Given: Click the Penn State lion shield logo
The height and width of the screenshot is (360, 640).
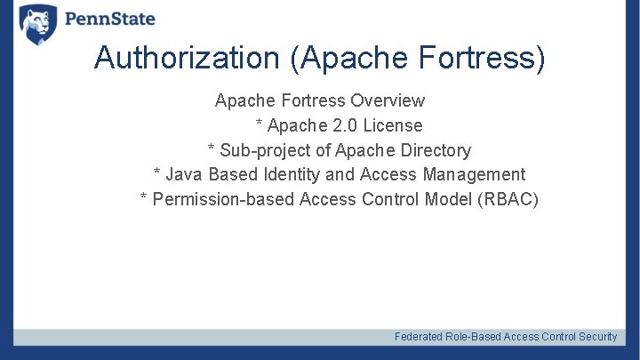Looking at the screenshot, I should [x=37, y=22].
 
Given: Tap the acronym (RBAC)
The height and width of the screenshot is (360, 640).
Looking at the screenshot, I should [x=508, y=199].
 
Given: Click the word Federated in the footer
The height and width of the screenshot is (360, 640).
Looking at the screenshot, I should [x=419, y=337].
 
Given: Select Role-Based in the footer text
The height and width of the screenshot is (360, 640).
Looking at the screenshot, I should [x=473, y=337].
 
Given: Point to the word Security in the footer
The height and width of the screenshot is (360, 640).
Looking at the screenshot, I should [x=598, y=337].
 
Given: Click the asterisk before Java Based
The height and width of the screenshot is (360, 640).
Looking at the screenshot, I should [x=157, y=173].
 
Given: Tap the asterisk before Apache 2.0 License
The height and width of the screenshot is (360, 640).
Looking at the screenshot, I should [x=260, y=124].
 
